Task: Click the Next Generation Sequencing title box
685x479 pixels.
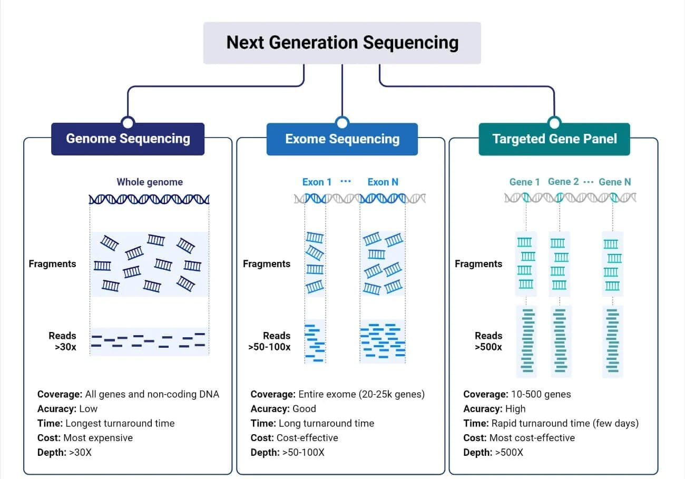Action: [342, 43]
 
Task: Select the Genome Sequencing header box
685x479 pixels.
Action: [128, 139]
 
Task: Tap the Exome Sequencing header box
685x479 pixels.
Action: [342, 139]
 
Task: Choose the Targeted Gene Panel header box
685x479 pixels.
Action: [554, 139]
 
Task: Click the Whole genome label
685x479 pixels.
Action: [150, 182]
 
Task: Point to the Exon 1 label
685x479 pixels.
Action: [317, 182]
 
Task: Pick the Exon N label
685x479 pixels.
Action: [383, 182]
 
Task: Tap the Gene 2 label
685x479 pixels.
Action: [563, 182]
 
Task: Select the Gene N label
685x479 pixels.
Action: [614, 182]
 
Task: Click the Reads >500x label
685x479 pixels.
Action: [488, 341]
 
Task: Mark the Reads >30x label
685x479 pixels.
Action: [63, 341]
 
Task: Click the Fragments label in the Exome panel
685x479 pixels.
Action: [266, 263]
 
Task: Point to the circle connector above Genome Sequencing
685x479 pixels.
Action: [128, 123]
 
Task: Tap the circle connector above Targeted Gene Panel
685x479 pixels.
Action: [554, 123]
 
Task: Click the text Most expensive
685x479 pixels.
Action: [98, 437]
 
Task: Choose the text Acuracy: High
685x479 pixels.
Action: [494, 408]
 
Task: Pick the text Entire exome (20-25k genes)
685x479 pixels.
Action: [361, 394]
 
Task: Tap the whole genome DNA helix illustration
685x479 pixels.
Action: [149, 199]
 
